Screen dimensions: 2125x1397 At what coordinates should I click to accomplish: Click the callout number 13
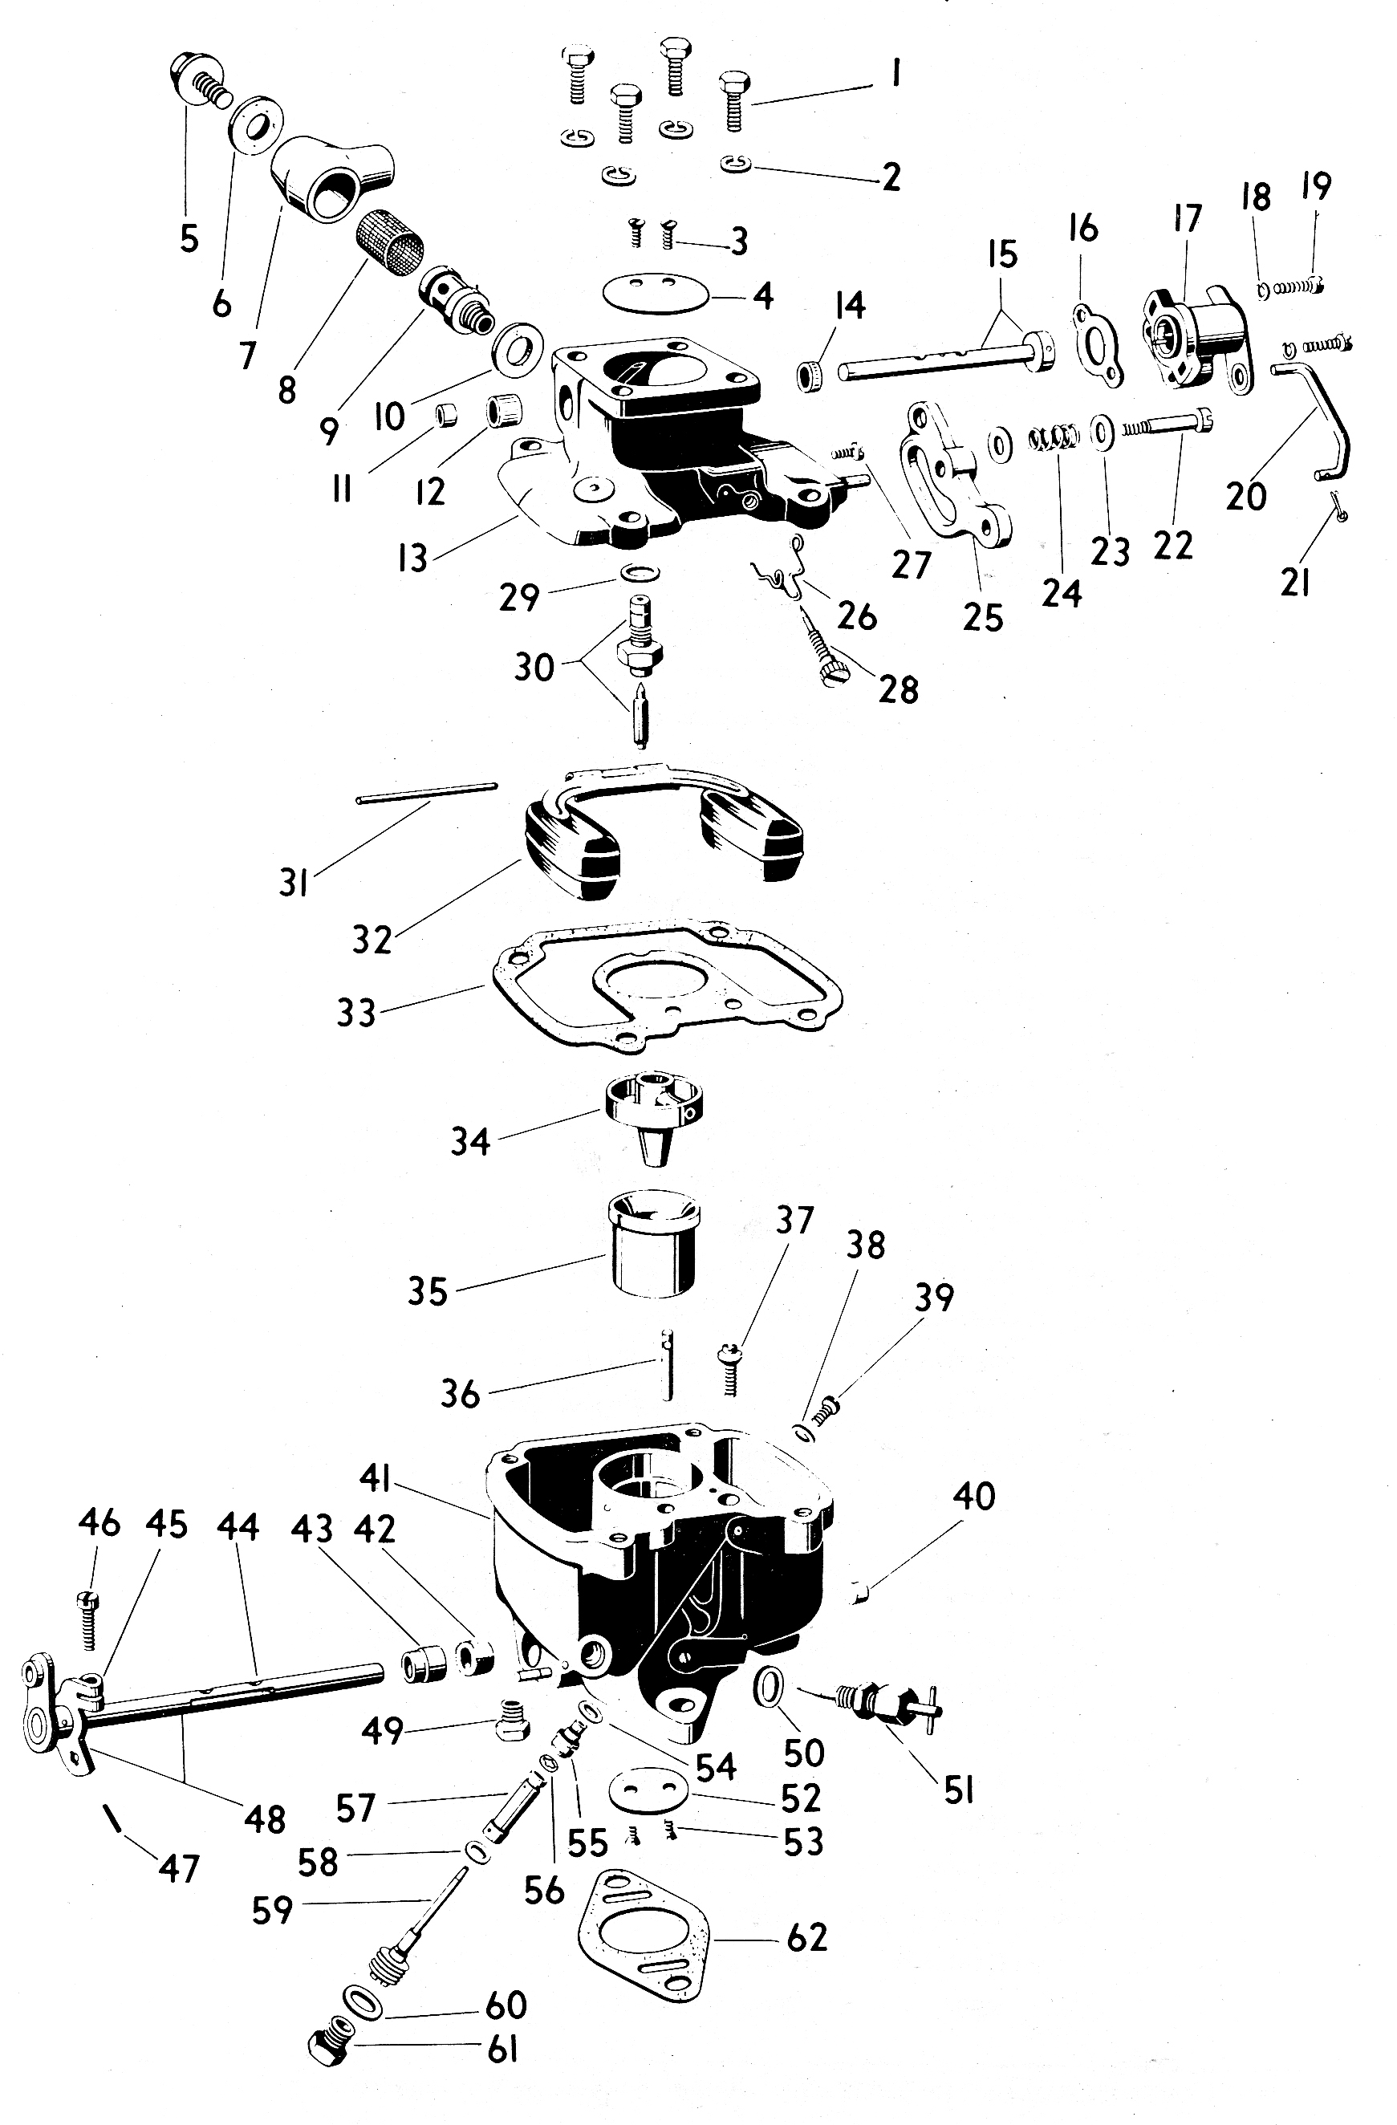point(412,559)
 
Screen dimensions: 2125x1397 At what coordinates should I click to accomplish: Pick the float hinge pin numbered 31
point(426,793)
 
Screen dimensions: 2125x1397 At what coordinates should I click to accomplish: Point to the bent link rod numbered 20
point(1321,420)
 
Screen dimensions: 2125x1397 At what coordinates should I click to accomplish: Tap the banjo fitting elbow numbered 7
point(331,179)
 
